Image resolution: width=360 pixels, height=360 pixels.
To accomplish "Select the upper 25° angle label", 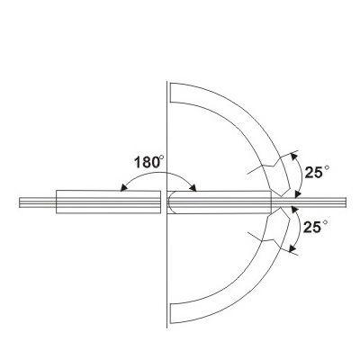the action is (317, 172).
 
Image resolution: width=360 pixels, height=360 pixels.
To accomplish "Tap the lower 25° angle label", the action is (315, 227).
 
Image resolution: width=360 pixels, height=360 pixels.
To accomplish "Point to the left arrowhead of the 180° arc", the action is (122, 188).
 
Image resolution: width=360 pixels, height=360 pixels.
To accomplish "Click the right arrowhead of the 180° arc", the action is (193, 188).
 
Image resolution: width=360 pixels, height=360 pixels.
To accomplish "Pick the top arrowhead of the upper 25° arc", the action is (294, 156).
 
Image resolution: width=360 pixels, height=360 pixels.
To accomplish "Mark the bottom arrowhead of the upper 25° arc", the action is (298, 194).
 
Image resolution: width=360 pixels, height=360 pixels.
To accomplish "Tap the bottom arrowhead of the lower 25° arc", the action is (292, 247).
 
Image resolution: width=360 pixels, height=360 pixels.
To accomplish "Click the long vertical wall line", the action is (166, 204).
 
